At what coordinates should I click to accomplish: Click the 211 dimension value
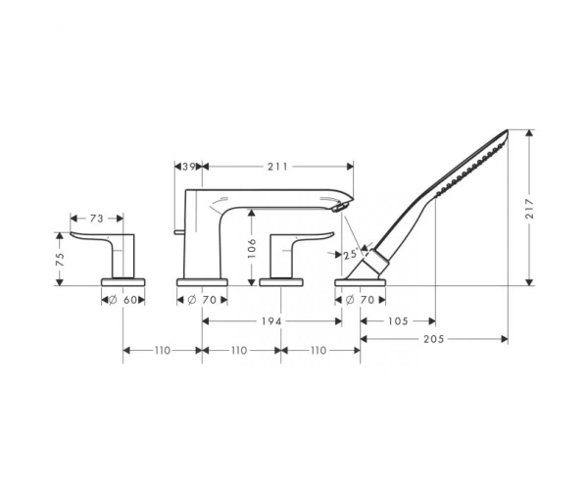pyautogui.click(x=277, y=167)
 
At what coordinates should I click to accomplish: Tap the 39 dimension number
pyautogui.click(x=188, y=167)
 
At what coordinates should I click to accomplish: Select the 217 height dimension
pyautogui.click(x=529, y=209)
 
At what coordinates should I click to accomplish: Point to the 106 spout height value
pyautogui.click(x=252, y=248)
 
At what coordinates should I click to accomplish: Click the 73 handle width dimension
pyautogui.click(x=96, y=219)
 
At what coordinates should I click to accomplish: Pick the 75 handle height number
pyautogui.click(x=60, y=259)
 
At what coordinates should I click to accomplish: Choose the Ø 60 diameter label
pyautogui.click(x=123, y=300)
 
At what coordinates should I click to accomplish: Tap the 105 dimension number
pyautogui.click(x=398, y=321)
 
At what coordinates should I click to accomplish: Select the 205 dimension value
pyautogui.click(x=434, y=339)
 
